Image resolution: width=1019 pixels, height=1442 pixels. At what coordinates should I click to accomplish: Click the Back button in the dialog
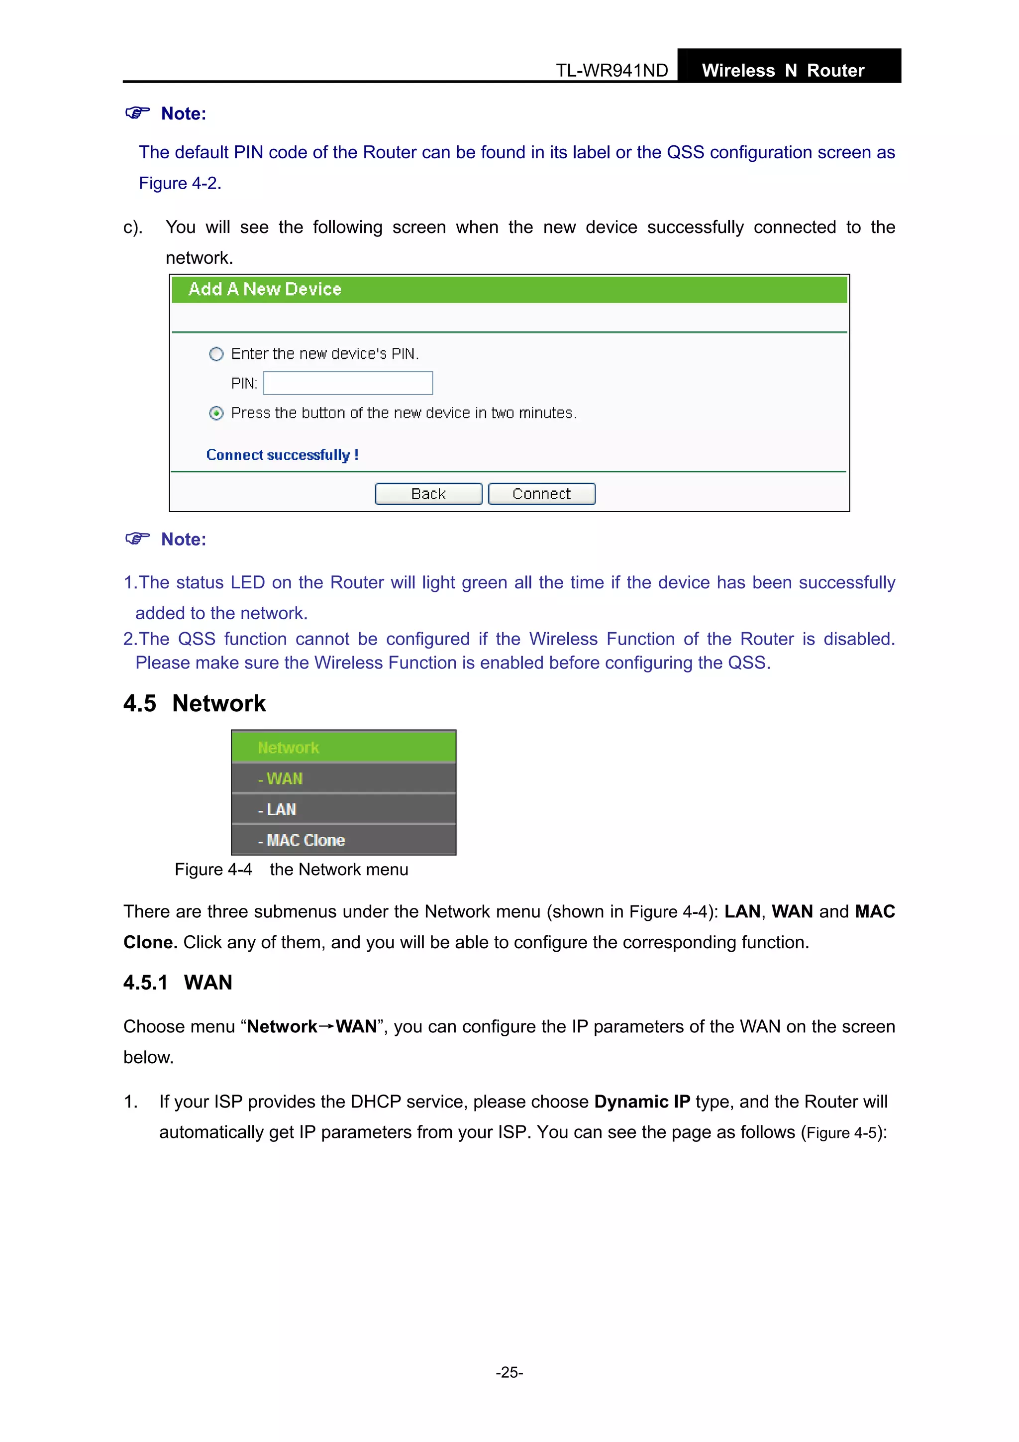point(428,494)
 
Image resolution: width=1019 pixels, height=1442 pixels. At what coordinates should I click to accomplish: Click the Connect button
point(541,494)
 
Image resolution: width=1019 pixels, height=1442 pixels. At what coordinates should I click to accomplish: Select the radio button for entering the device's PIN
point(216,354)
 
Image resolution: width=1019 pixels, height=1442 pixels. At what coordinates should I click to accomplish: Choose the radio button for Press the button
point(216,413)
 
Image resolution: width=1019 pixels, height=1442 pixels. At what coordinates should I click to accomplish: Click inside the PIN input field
point(348,383)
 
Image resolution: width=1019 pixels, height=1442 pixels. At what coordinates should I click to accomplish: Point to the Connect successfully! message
point(282,455)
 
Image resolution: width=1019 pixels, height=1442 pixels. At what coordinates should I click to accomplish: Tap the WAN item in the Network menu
point(281,779)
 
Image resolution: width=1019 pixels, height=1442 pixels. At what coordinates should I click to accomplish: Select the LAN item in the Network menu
point(278,809)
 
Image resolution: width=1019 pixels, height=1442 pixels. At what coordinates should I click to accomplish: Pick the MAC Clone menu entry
point(302,840)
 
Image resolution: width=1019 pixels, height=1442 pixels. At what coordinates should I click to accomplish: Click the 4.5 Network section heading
point(195,703)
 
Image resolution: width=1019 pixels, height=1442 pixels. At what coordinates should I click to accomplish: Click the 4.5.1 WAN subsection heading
point(178,982)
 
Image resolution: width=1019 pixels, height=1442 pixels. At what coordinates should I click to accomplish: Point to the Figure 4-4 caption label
point(213,870)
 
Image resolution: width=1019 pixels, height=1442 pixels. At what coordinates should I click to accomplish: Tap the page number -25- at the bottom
point(509,1372)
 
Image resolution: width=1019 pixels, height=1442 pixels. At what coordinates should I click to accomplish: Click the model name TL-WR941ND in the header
point(611,70)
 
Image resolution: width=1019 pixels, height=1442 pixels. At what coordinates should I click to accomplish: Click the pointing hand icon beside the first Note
point(137,112)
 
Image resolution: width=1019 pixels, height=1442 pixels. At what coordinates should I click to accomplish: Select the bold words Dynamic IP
point(642,1102)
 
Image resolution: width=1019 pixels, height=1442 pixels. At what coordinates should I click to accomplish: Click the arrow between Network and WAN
point(326,1026)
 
